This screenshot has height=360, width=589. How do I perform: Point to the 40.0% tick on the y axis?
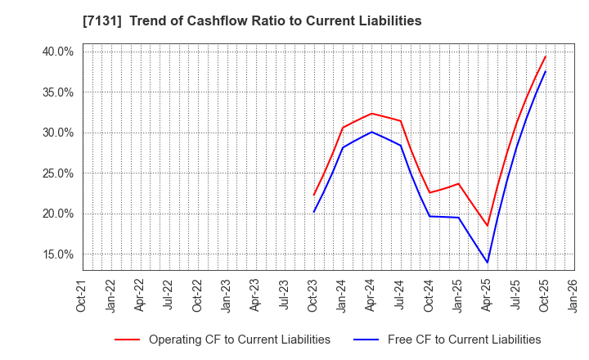57,52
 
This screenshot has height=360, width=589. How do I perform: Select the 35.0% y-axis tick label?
57,92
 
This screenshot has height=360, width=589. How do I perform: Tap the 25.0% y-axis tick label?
57,173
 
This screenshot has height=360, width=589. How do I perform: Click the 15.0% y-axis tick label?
57,254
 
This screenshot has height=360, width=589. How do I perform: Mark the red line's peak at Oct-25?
546,56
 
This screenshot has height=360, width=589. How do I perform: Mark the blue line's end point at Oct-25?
546,71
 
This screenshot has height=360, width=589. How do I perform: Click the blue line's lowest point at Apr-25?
488,263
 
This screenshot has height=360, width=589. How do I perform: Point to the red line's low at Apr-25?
488,226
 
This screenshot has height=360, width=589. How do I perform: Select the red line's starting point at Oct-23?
313,195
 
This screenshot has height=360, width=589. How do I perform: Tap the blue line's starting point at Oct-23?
313,212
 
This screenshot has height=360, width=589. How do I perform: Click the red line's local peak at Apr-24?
371,113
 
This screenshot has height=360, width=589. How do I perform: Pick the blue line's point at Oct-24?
429,216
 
